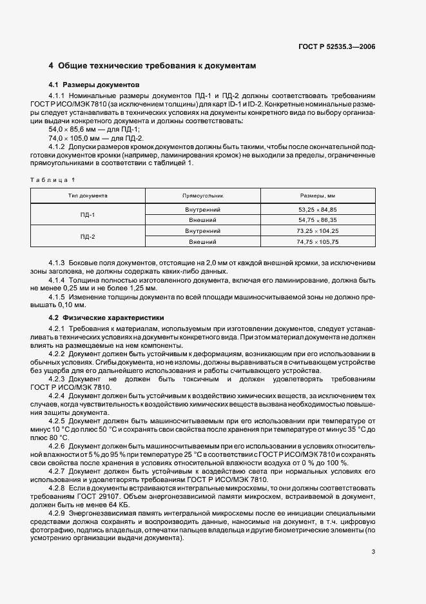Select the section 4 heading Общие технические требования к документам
click(153, 66)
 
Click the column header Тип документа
click(88, 194)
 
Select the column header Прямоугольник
click(202, 194)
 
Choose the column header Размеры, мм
click(317, 194)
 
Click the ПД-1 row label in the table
click(88, 215)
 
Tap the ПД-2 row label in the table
click(88, 237)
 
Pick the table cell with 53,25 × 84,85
click(317, 210)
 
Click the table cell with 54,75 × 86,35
click(317, 220)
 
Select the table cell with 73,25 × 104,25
click(317, 231)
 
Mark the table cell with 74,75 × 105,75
click(317, 242)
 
